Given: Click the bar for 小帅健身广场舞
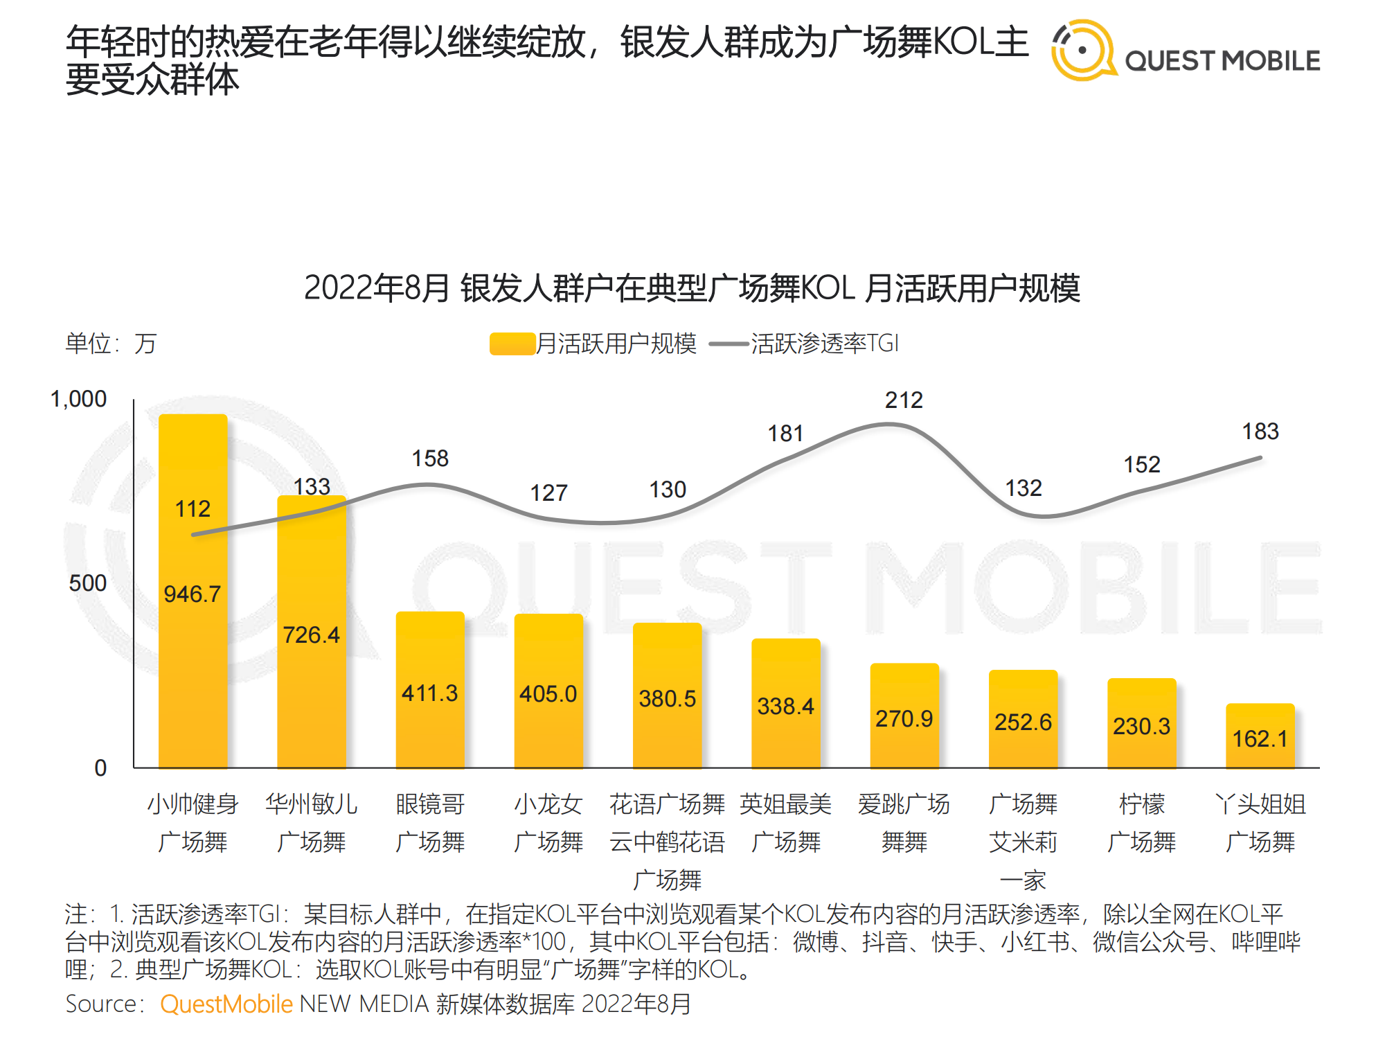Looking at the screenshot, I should [193, 623].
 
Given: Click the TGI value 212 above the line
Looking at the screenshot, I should [904, 400].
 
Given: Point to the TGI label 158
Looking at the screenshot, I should [430, 459].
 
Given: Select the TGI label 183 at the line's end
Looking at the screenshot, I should [1260, 432].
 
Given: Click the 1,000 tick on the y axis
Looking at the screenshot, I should [79, 400].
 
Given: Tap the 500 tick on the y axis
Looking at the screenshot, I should [88, 583].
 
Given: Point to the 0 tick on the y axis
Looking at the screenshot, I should [100, 768].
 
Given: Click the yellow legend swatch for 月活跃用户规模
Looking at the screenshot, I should [512, 344].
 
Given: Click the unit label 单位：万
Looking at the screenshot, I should [111, 344].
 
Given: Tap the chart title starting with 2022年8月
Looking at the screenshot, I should [692, 288].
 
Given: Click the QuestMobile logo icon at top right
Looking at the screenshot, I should [1082, 50].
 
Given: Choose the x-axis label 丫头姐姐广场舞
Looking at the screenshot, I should [1260, 823].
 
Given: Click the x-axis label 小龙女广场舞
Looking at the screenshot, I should [548, 823].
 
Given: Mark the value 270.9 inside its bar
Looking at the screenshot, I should [904, 719].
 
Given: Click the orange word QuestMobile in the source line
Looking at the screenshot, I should [226, 1004].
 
